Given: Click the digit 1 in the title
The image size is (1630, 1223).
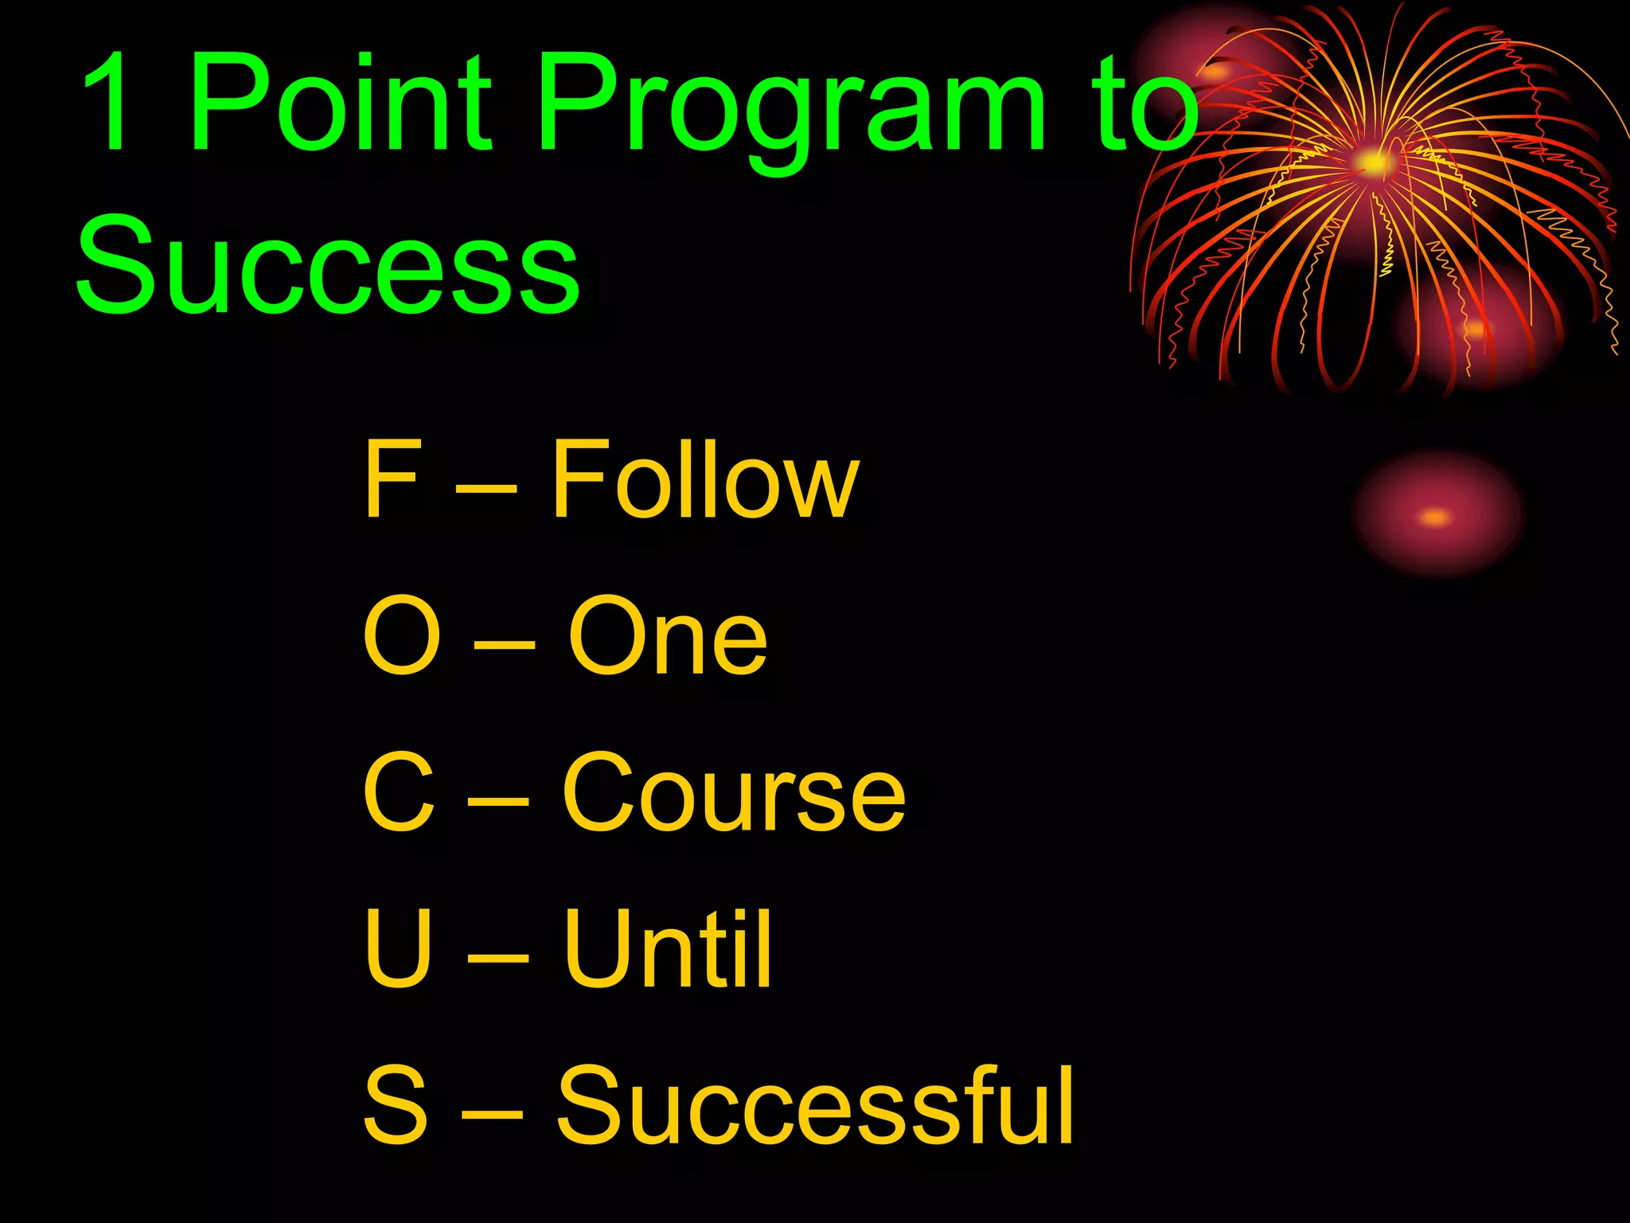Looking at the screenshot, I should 107,101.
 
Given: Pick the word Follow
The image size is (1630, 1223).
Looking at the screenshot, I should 705,479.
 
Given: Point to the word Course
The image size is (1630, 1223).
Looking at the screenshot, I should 733,794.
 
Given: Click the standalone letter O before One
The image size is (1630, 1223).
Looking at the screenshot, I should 401,636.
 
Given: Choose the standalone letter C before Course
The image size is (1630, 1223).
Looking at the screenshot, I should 399,794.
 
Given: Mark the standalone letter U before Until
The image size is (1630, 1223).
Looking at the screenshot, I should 399,949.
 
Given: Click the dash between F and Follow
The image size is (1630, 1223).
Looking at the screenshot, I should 485,483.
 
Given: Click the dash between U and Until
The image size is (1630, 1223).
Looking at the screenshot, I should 497,956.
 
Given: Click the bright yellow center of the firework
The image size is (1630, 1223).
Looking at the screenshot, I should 1372,163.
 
